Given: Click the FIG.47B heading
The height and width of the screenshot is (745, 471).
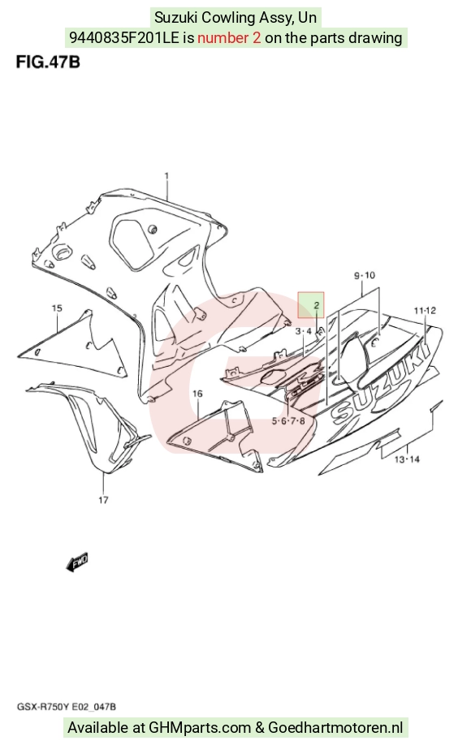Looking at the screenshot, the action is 48,62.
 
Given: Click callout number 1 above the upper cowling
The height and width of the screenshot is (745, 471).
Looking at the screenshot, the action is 166,176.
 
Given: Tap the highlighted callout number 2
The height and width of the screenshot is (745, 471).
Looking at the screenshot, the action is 316,305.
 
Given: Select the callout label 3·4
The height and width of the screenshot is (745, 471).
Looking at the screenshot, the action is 303,330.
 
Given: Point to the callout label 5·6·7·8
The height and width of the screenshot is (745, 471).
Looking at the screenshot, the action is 288,420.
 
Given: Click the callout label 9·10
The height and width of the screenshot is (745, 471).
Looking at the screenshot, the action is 365,275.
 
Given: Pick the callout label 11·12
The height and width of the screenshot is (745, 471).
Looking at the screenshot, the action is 425,310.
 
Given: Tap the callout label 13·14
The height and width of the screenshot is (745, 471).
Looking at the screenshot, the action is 408,459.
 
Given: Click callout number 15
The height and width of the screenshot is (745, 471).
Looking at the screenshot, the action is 57,308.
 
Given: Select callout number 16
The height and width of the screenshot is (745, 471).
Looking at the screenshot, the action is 197,394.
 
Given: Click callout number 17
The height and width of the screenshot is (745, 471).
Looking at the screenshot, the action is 103,499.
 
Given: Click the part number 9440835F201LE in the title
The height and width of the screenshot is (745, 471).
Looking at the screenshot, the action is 124,37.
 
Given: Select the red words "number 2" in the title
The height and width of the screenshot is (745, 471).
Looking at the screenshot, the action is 229,37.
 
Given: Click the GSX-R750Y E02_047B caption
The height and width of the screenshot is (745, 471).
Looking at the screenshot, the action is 67,707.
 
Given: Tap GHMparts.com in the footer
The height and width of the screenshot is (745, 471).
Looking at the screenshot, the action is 200,727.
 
